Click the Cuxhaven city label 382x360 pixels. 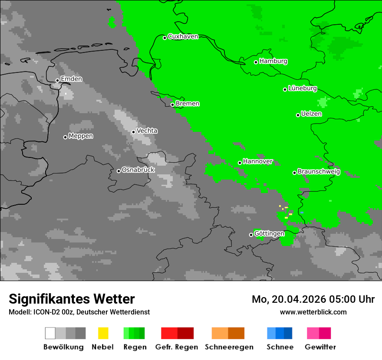tap(183, 36)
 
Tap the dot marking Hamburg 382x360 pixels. tap(256, 62)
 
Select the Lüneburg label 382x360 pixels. tap(303, 88)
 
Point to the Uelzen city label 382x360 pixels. tap(311, 114)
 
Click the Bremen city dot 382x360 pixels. tap(172, 105)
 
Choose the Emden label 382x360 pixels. tap(71, 79)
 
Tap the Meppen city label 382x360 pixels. tap(81, 136)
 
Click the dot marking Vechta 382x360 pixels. tap(134, 132)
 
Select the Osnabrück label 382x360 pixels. tap(138, 170)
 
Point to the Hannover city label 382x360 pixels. tap(257, 161)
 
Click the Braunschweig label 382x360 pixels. tap(319, 172)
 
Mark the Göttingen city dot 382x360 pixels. tap(251, 235)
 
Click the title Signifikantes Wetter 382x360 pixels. tap(72, 299)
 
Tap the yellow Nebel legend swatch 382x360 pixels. tap(103, 333)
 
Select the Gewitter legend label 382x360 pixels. tap(320, 347)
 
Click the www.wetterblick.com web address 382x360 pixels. tap(313, 312)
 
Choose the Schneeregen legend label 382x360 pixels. tap(229, 347)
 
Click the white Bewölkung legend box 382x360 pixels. tap(50, 333)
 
